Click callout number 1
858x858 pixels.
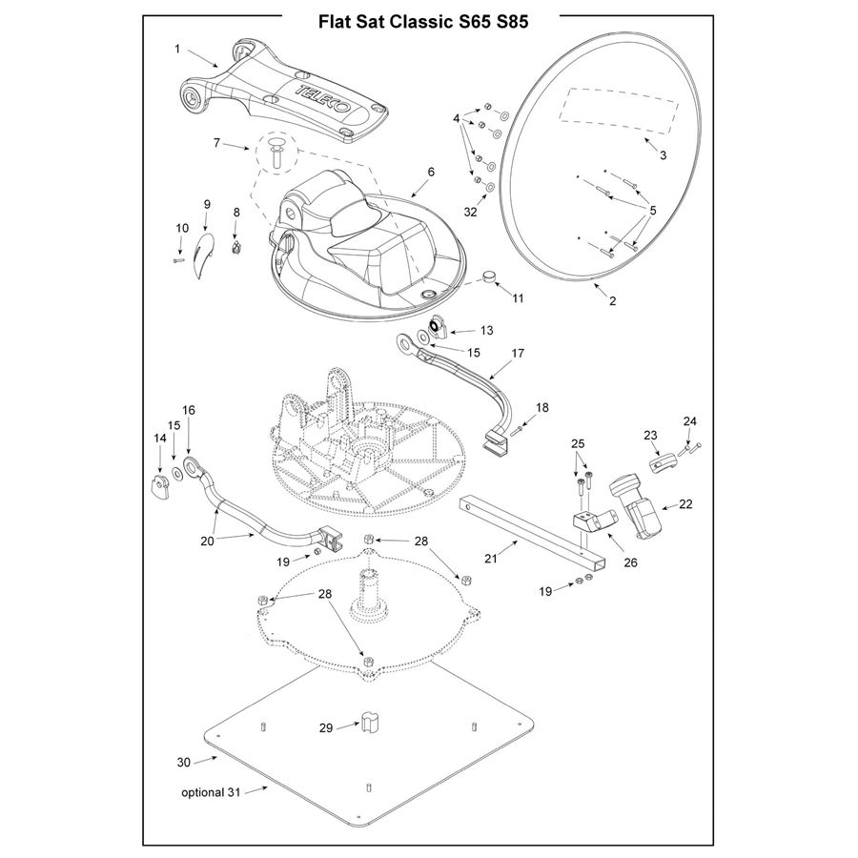(177, 47)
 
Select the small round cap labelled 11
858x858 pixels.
(491, 278)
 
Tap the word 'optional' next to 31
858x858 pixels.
(202, 792)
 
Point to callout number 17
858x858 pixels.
(518, 353)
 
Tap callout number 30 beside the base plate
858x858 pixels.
(185, 762)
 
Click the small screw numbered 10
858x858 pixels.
(178, 258)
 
